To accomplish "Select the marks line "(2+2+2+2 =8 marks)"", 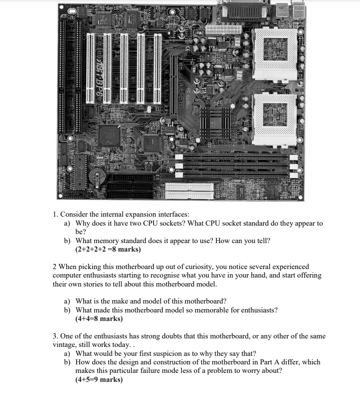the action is pos(108,249).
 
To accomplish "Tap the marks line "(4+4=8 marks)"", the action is pos(99,319).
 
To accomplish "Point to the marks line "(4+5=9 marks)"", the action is pos(99,379).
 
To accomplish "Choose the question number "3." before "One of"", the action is pos(55,336).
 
